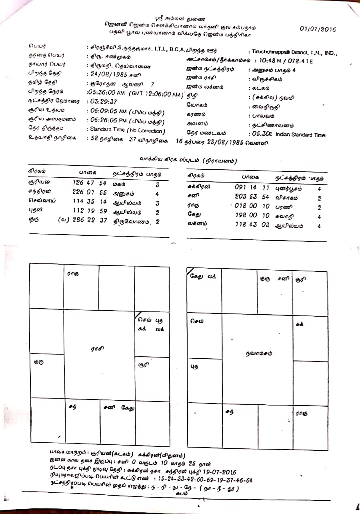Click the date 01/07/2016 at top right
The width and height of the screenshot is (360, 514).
click(x=318, y=29)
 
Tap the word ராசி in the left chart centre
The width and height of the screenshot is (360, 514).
click(x=97, y=349)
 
